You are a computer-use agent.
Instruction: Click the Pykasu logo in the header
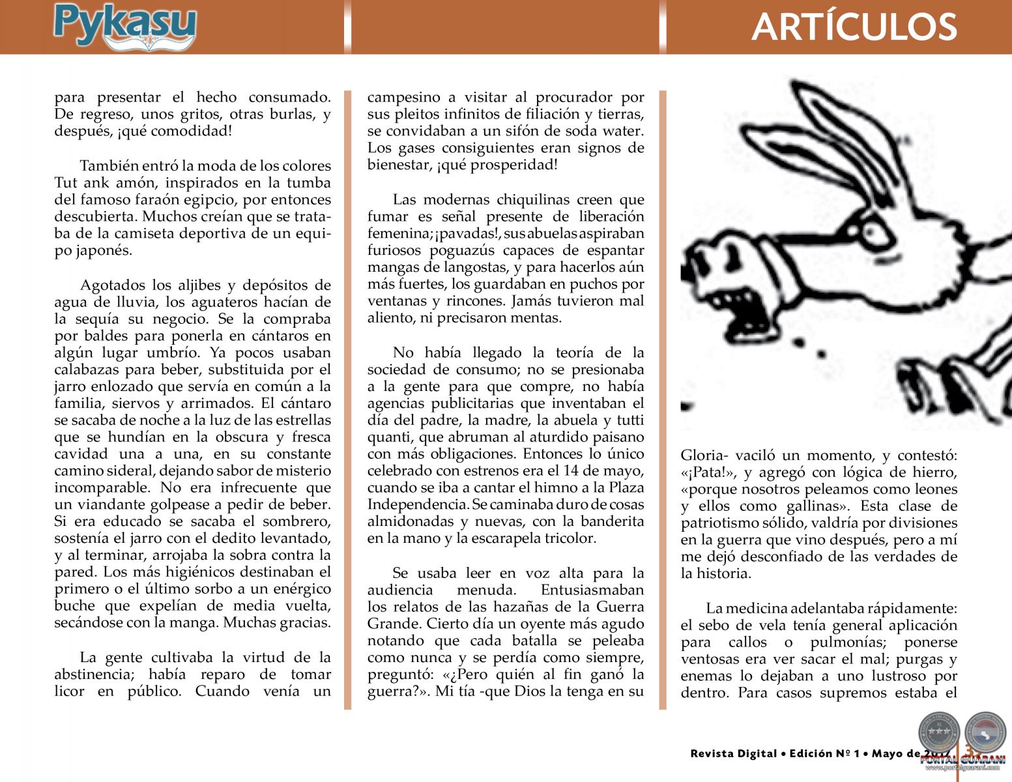(x=124, y=27)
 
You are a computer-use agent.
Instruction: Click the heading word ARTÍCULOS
(x=854, y=27)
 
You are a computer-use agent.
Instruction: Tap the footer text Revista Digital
(x=734, y=754)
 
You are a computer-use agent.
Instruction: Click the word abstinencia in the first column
(x=96, y=674)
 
